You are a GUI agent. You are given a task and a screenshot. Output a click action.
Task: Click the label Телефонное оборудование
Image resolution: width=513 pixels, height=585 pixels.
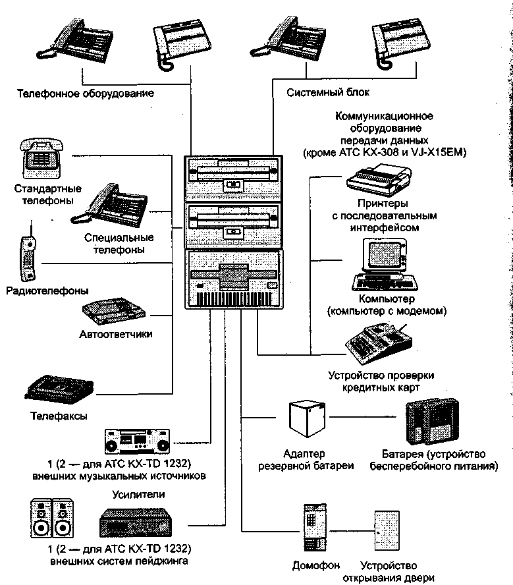tap(86, 94)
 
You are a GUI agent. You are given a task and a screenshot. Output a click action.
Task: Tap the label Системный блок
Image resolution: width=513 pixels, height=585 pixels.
tap(329, 93)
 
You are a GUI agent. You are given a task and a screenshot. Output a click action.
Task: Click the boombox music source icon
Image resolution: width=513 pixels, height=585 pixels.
tap(142, 441)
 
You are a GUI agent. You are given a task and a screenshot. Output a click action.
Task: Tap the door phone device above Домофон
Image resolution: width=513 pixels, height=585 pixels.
tap(313, 527)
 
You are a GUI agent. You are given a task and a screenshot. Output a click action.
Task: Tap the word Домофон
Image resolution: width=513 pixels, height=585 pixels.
tap(315, 566)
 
